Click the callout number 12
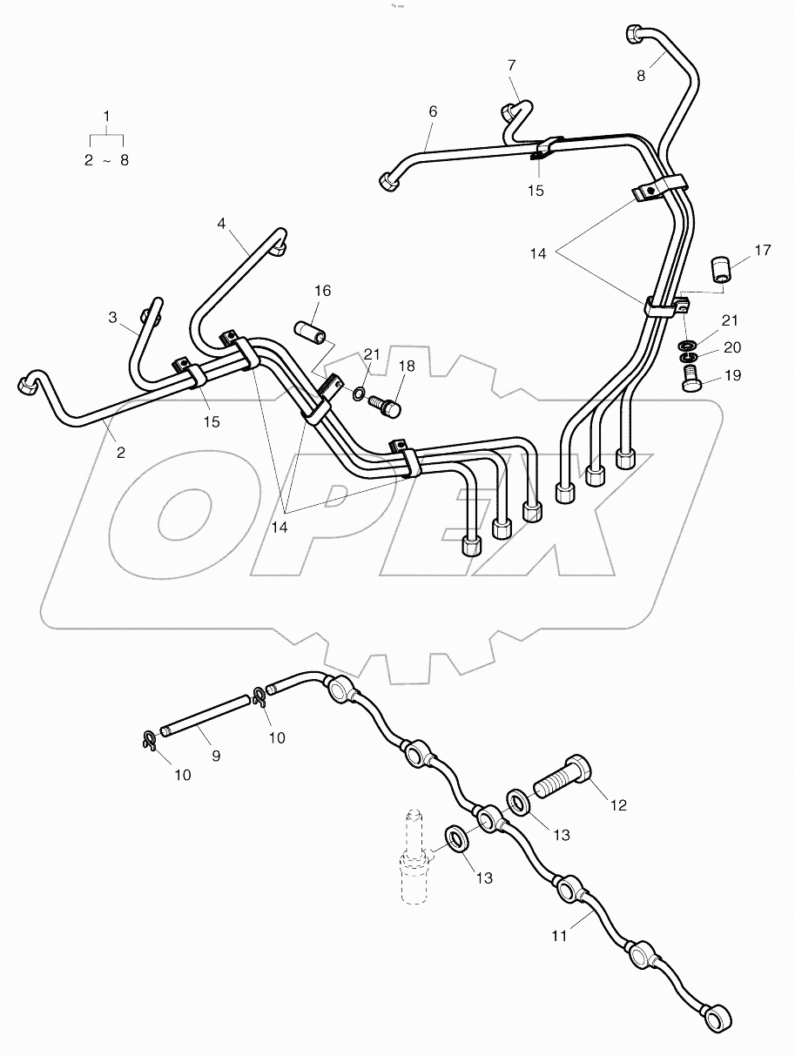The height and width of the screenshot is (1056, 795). click(x=617, y=806)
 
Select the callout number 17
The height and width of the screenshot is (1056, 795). click(x=763, y=251)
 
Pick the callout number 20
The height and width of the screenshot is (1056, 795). click(x=731, y=347)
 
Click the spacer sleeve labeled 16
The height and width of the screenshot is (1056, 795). click(x=312, y=334)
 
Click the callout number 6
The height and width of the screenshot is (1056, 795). click(x=433, y=111)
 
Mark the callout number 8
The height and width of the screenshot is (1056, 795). click(x=641, y=75)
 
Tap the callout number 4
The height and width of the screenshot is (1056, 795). click(x=221, y=224)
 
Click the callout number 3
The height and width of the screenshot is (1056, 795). click(x=112, y=318)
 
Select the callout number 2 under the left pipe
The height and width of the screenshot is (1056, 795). click(x=120, y=452)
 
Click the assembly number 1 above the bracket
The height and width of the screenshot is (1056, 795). click(x=106, y=116)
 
